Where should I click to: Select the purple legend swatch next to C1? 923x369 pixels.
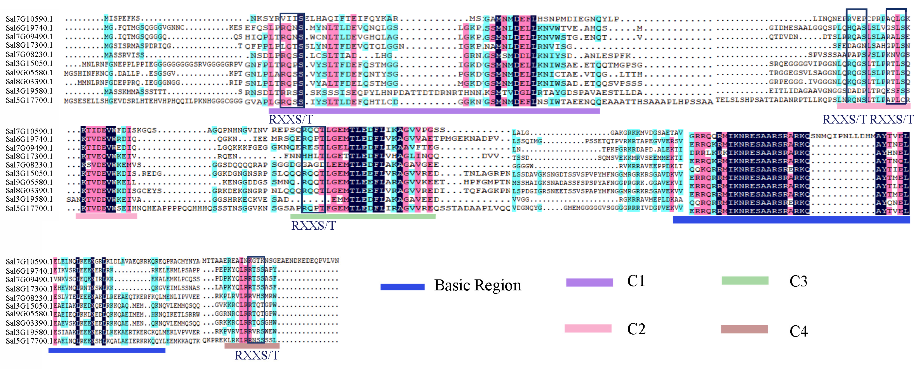click(589, 283)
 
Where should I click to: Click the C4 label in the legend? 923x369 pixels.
click(798, 331)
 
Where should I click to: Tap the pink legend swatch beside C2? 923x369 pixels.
click(588, 328)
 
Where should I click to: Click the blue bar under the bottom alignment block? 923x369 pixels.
click(107, 350)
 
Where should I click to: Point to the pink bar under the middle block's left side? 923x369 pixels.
click(106, 216)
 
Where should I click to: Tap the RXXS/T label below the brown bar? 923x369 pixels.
click(256, 356)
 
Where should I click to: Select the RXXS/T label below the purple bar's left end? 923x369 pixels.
click(291, 119)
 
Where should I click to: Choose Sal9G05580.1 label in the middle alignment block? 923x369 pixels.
click(29, 182)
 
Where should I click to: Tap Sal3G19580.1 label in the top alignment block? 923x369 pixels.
click(29, 91)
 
